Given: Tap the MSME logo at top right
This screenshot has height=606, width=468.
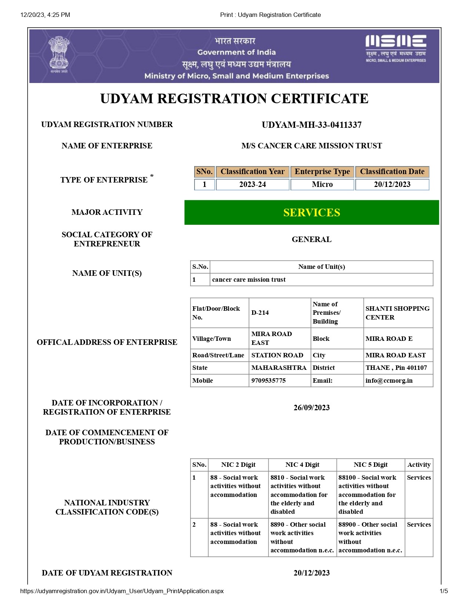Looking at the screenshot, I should tap(396, 48).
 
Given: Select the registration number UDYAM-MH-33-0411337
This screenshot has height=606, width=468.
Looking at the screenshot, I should tap(311, 125).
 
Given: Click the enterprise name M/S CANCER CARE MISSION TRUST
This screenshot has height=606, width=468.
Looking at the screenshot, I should tap(311, 146).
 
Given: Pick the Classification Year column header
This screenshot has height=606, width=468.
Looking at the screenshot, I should tap(253, 172).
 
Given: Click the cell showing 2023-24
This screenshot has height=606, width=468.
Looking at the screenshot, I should tap(253, 184).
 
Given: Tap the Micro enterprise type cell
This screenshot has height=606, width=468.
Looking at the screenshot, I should tap(322, 184).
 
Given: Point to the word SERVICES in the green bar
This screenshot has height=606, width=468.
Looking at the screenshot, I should tap(311, 212).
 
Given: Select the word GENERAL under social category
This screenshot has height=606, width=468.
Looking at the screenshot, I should tap(311, 239).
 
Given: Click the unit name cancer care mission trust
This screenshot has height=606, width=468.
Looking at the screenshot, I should tap(249, 279).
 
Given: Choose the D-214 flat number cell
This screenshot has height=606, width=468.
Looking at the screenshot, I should tap(260, 313).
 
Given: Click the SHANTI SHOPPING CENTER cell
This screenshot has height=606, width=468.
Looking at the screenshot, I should tap(397, 313).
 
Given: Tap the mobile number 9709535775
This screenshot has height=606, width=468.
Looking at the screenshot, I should tap(268, 380).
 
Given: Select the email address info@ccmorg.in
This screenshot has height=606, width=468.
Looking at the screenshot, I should tap(389, 380).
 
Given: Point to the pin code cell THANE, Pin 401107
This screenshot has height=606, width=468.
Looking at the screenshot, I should tap(396, 368).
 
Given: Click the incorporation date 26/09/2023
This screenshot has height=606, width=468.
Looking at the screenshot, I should tap(311, 408).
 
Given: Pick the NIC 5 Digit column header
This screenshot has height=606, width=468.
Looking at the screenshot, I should tap(370, 465).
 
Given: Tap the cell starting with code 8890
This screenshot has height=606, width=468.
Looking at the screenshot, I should tap(302, 537).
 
